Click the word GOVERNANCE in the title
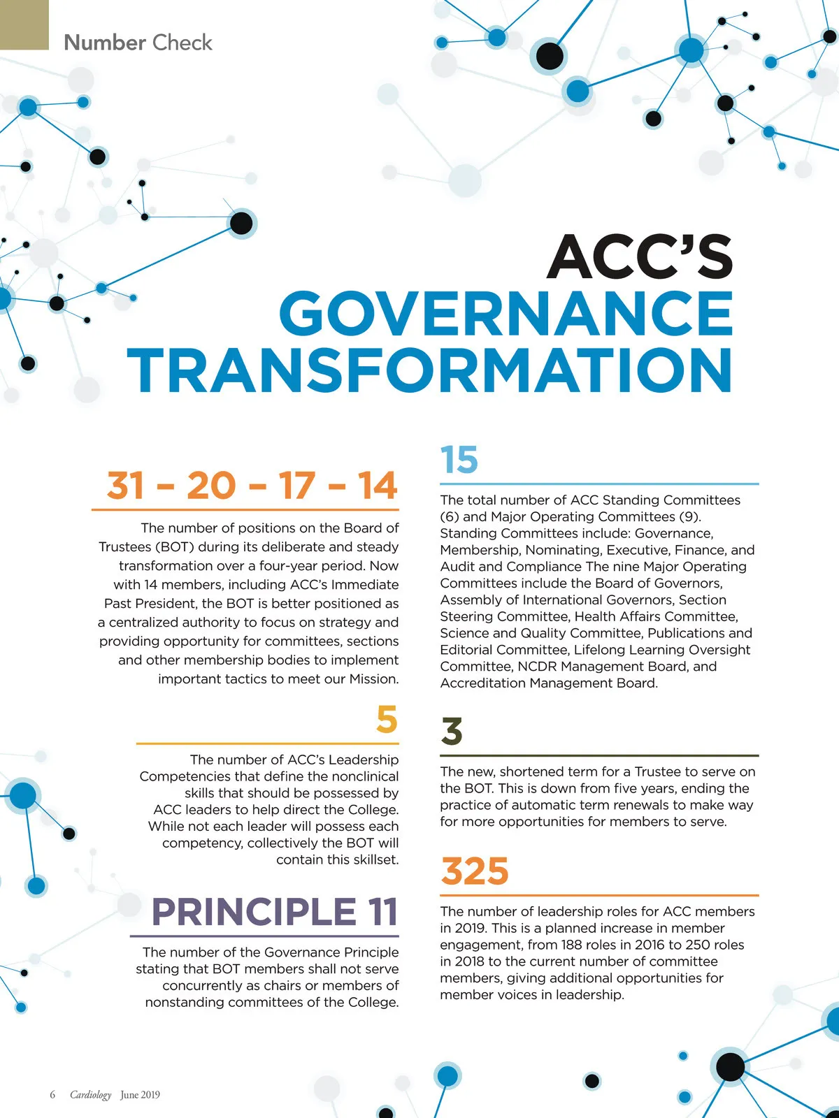(x=506, y=314)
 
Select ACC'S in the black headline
(x=639, y=256)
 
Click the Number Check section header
(x=138, y=43)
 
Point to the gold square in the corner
(x=24, y=24)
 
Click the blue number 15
(x=459, y=460)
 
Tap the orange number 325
(x=475, y=871)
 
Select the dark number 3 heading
(x=452, y=732)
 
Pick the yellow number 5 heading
(x=387, y=720)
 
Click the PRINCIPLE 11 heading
(x=275, y=912)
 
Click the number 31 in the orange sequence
(x=126, y=486)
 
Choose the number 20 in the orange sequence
(x=212, y=486)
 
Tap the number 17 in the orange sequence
(x=296, y=486)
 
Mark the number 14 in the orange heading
(x=377, y=486)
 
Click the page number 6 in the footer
(x=52, y=1094)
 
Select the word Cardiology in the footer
(x=90, y=1095)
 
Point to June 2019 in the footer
(x=140, y=1095)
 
